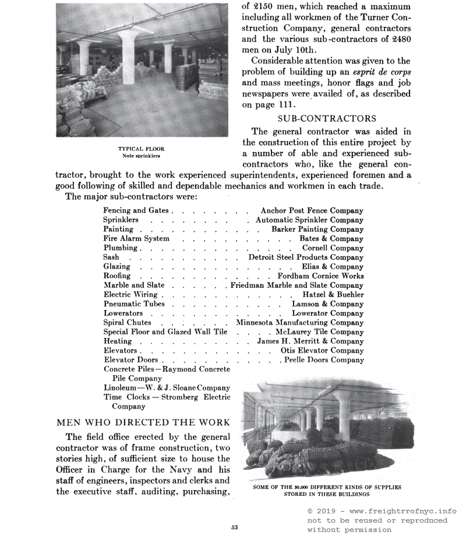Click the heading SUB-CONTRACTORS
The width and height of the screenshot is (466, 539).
coord(327,119)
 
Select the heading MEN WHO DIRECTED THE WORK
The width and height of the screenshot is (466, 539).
coord(143,422)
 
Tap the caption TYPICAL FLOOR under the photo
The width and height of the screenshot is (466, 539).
coord(142,149)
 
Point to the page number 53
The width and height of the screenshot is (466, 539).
coord(235,527)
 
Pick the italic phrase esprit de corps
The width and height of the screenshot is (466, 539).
coord(382,72)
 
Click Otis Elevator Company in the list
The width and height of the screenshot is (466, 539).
coord(322,351)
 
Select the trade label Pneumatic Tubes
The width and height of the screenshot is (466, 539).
coord(134,304)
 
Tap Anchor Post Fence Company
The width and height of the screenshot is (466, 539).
coord(312,211)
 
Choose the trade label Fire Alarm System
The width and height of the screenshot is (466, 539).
coord(136,239)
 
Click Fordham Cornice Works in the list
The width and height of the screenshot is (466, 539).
coord(320,276)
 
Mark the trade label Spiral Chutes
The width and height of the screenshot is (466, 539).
coord(127,323)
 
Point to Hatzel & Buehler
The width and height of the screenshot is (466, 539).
coord(333,295)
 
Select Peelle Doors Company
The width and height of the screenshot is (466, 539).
coord(324,360)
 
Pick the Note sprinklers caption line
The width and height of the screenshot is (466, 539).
coord(141,156)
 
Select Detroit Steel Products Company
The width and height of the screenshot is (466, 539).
coord(306,258)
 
